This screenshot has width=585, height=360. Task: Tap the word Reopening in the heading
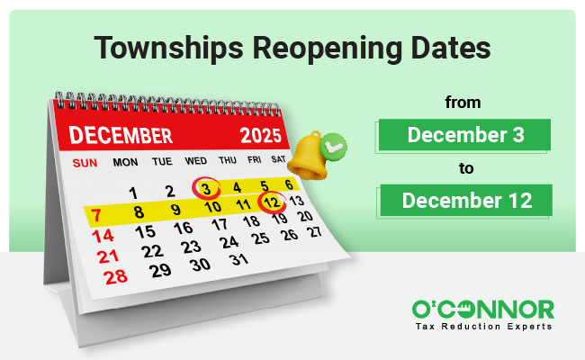[315, 47]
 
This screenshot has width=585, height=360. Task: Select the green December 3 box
[463, 136]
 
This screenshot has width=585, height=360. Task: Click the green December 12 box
[463, 199]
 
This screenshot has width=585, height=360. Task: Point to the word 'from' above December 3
[463, 103]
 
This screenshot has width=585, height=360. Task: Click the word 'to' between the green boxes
[463, 167]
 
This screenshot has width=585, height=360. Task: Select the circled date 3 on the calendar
[207, 189]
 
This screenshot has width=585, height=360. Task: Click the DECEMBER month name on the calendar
[121, 136]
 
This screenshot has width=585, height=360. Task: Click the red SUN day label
[84, 163]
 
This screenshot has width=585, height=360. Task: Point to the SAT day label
[277, 161]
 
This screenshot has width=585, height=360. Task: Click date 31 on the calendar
[238, 260]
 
